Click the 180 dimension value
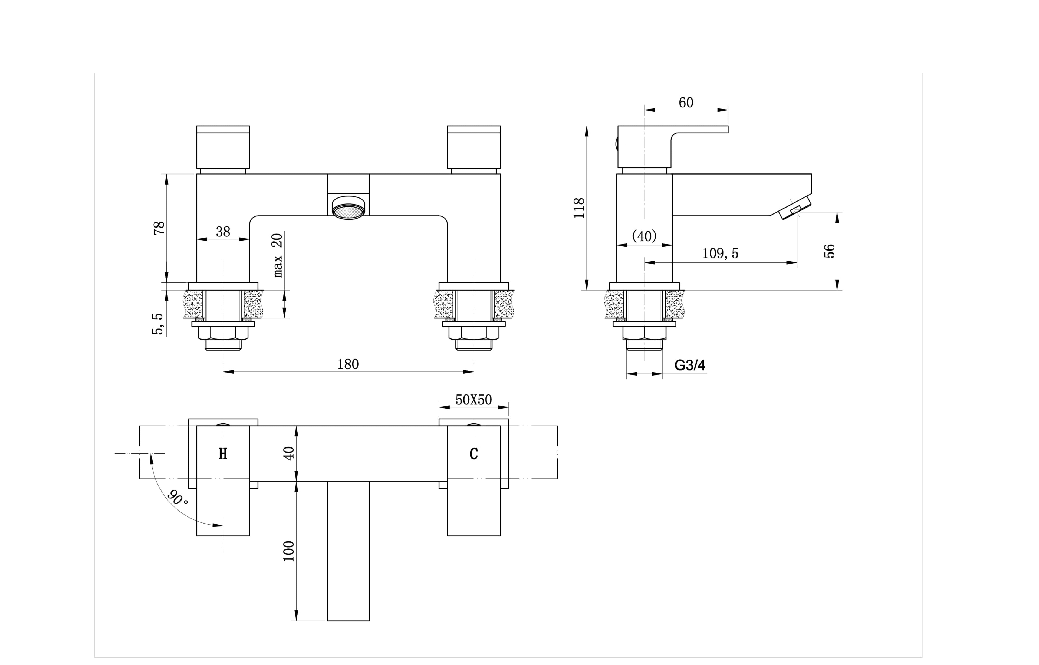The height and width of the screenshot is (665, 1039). (348, 364)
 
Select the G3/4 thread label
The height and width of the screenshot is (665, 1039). (690, 365)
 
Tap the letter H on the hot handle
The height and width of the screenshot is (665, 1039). (223, 454)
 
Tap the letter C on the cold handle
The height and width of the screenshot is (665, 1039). (474, 454)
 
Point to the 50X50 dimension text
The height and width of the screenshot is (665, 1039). (474, 400)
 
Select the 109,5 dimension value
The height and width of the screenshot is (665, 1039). (720, 253)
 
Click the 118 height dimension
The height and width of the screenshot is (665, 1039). (579, 208)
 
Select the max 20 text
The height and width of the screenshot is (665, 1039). (277, 255)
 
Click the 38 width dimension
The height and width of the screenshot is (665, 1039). (223, 232)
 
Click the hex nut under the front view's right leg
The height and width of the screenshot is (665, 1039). (474, 333)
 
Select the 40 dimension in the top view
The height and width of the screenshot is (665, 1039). (288, 453)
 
